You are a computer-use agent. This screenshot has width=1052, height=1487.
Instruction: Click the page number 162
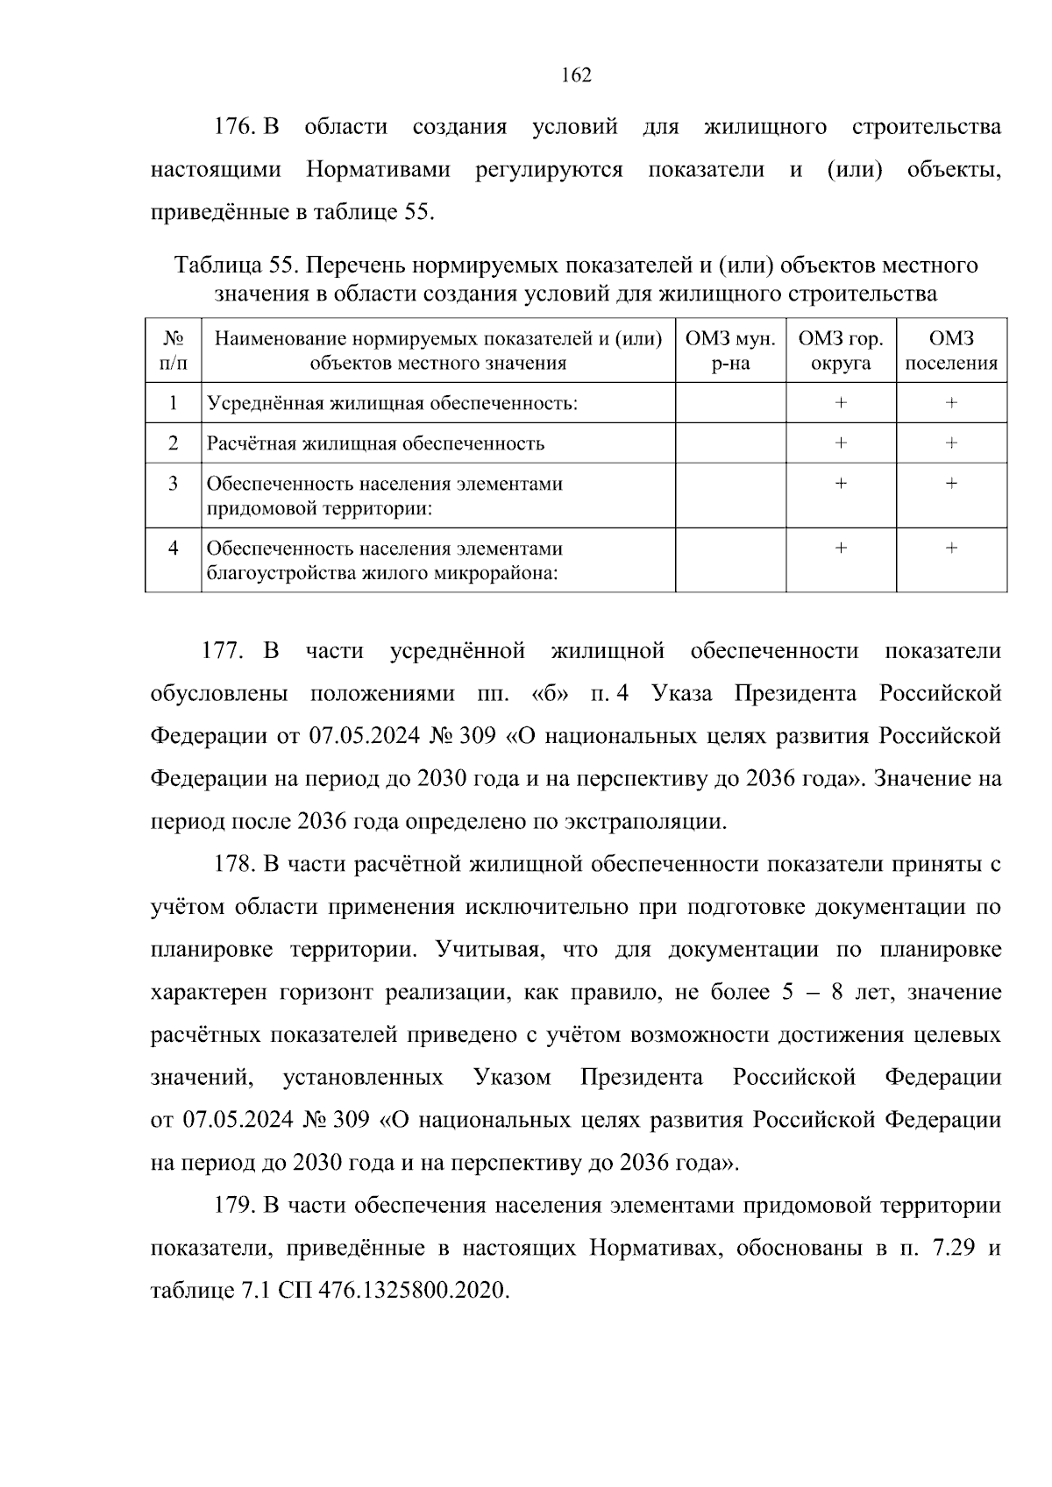click(576, 75)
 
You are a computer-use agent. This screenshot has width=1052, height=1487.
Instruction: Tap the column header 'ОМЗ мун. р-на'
click(730, 351)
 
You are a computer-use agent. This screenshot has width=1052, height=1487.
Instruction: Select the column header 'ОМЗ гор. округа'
click(841, 351)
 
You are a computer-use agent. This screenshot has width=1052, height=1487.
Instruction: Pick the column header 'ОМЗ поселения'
click(951, 351)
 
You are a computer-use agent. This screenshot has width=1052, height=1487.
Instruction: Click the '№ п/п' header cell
click(174, 351)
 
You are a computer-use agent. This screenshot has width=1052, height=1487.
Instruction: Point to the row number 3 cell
click(174, 484)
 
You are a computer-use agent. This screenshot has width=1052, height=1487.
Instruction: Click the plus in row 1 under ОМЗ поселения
click(951, 403)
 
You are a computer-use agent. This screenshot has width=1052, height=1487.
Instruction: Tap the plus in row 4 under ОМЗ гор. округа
click(841, 549)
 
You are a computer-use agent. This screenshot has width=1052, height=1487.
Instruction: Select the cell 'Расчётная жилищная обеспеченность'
click(375, 443)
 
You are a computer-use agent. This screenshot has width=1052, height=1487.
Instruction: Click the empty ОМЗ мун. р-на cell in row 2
click(730, 443)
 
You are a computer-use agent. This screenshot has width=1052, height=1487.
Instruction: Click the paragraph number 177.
click(222, 651)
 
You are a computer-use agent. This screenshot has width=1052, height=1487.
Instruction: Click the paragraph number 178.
click(234, 865)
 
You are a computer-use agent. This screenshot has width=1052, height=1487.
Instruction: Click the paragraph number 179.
click(234, 1206)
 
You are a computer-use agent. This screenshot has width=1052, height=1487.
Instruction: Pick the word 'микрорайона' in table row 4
click(495, 574)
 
